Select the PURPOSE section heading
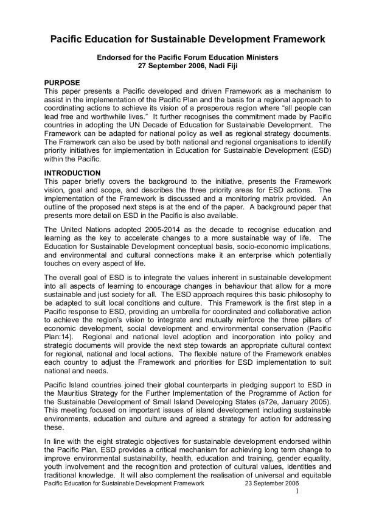tap(66, 81)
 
